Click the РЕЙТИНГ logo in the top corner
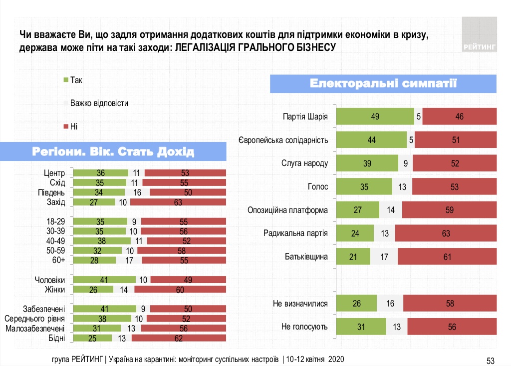(x=479, y=34)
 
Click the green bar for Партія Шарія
(x=375, y=116)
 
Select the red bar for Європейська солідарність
(x=456, y=140)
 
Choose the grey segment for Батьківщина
(x=384, y=257)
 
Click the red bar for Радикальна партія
(x=446, y=233)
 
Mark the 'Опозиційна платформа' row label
(x=287, y=210)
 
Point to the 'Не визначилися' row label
(x=300, y=303)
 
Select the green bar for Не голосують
(x=361, y=327)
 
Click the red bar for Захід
(x=177, y=202)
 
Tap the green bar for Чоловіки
(x=104, y=279)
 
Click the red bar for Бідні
(x=179, y=338)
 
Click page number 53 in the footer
(x=490, y=360)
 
